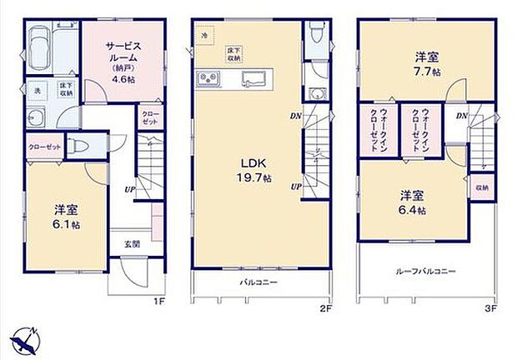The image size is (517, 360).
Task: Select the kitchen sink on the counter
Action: (253, 80)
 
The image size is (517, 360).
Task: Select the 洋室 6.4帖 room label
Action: (413, 202)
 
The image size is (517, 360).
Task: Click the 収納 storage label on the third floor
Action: (483, 188)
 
